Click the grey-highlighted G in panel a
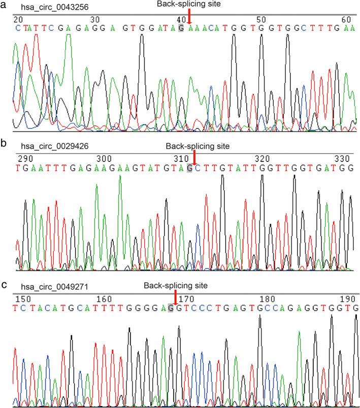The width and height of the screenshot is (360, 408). pos(181,27)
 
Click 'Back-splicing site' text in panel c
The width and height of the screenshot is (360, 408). pos(176,286)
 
